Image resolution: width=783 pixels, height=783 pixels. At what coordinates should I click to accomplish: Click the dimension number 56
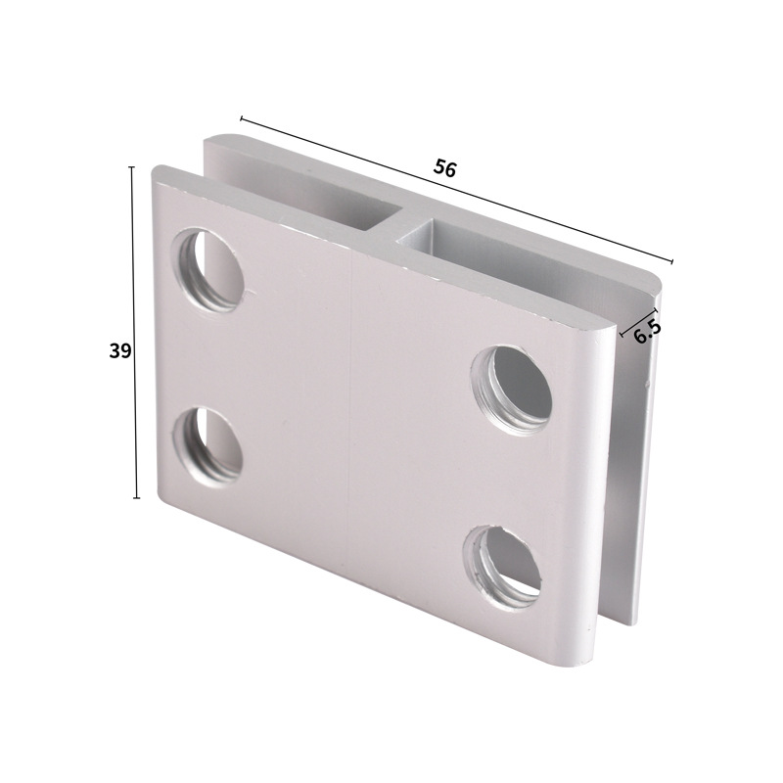(445, 168)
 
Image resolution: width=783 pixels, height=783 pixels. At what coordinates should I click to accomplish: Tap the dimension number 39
(119, 351)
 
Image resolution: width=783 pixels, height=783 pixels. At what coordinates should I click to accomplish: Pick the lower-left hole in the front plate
(208, 443)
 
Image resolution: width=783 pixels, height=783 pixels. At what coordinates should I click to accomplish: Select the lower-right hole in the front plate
(503, 566)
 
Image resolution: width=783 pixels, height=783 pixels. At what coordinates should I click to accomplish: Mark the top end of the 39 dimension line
(133, 167)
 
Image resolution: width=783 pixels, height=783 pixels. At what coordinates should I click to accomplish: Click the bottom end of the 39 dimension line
(136, 498)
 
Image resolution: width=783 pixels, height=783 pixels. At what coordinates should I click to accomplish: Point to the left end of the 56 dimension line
(241, 119)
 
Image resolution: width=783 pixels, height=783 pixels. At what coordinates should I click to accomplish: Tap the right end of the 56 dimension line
(673, 262)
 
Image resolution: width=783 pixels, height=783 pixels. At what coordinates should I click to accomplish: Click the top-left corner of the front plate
(157, 171)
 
